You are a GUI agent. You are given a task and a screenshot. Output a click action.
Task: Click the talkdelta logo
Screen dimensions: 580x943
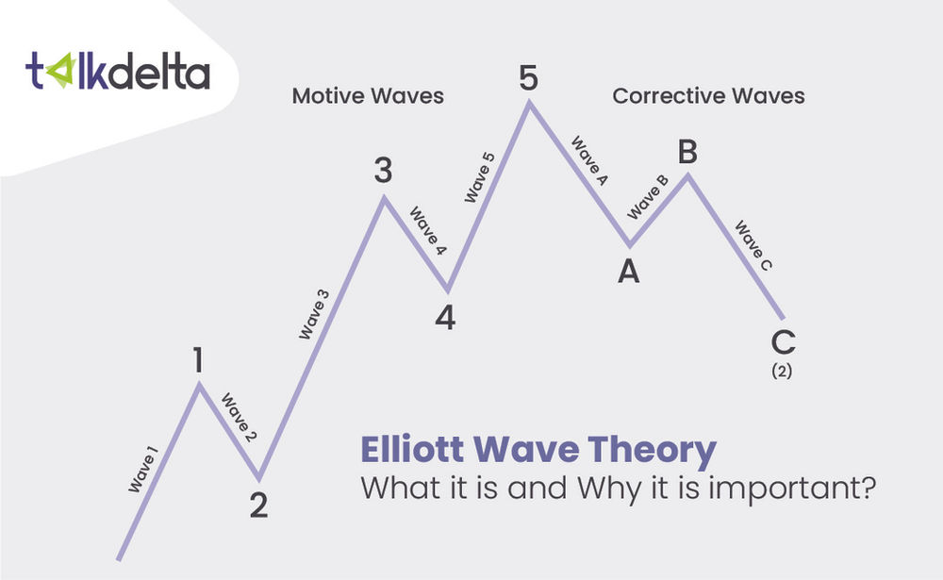pos(117,72)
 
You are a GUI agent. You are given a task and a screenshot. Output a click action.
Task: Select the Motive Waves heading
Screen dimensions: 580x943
pos(368,96)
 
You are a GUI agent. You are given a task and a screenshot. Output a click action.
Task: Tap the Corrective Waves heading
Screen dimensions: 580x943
pos(708,96)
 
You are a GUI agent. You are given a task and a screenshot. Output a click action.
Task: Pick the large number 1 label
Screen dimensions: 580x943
pos(198,361)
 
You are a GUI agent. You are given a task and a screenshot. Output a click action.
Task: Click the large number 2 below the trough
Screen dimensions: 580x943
pos(259,505)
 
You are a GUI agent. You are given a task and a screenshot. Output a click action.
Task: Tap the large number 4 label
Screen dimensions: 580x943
pos(445,319)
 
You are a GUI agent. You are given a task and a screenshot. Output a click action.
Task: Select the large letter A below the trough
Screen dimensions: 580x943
pos(629,273)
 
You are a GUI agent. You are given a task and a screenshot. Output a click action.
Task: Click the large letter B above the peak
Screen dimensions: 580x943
pos(687,151)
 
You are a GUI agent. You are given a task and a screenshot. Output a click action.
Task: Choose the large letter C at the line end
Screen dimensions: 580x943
pos(783,342)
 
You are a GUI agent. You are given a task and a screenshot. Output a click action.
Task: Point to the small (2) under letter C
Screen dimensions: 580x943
pos(782,372)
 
